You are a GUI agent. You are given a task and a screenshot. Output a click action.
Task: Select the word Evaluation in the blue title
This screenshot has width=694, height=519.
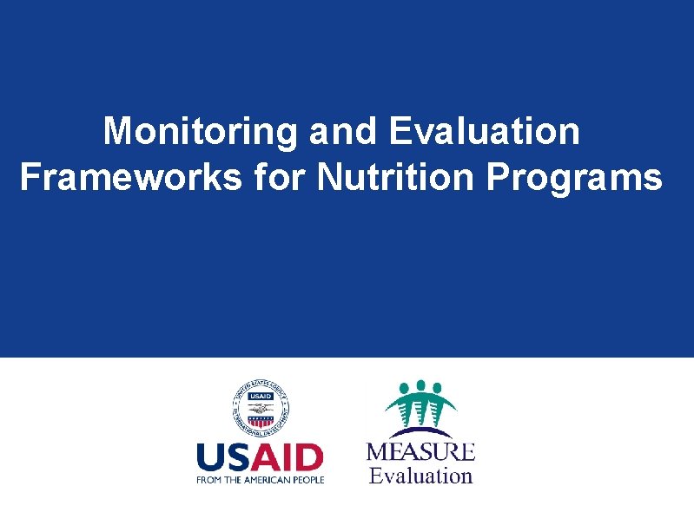[485, 132]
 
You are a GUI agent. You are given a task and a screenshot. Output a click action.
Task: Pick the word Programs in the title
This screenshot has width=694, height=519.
[575, 177]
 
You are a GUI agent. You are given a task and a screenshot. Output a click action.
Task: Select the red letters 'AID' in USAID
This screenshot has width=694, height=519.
[290, 459]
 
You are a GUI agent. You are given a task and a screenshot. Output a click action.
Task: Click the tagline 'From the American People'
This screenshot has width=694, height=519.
[260, 479]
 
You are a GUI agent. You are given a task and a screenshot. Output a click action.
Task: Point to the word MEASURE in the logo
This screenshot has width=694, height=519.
[420, 452]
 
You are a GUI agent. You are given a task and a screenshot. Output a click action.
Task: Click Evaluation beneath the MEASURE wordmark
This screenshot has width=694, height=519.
[420, 476]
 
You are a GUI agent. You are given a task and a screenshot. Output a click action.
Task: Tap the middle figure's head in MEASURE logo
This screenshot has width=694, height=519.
[420, 384]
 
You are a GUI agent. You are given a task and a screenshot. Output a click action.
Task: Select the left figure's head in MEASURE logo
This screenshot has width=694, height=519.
[402, 389]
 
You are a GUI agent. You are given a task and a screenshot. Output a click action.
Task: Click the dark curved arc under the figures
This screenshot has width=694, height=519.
[420, 430]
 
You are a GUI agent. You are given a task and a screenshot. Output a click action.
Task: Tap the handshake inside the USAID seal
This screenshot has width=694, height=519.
[260, 405]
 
